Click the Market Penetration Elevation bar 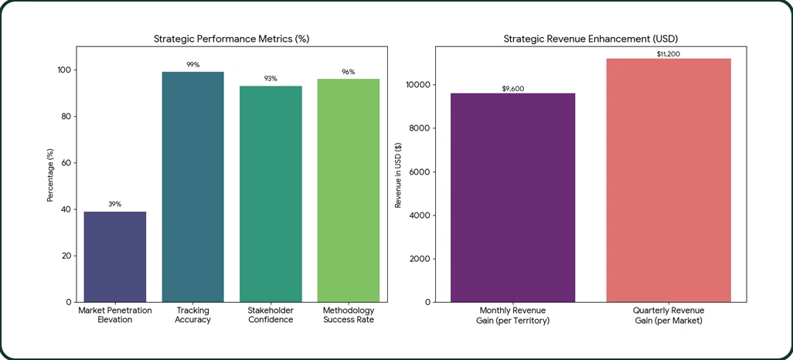pyautogui.click(x=115, y=256)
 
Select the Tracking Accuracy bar pyautogui.click(x=193, y=187)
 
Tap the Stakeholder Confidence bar pyautogui.click(x=271, y=194)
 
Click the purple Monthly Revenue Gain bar pyautogui.click(x=513, y=198)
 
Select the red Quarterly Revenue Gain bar pyautogui.click(x=669, y=180)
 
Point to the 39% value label pyautogui.click(x=115, y=205)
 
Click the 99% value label pyautogui.click(x=193, y=65)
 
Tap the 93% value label pyautogui.click(x=271, y=79)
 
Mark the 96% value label pyautogui.click(x=349, y=72)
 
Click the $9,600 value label pyautogui.click(x=513, y=88)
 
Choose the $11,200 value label pyautogui.click(x=669, y=53)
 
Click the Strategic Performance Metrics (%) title pyautogui.click(x=232, y=39)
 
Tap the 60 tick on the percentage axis pyautogui.click(x=67, y=163)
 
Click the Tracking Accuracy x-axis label pyautogui.click(x=193, y=315)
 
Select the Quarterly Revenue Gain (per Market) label pyautogui.click(x=669, y=315)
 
